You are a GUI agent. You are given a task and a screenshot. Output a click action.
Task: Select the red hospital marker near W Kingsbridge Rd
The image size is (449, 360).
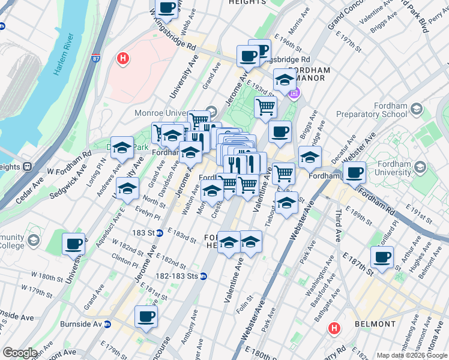pos(123,59)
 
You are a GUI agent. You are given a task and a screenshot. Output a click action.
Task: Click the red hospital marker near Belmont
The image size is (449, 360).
pos(334,328)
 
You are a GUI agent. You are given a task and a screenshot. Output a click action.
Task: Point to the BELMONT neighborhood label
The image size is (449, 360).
pos(375,324)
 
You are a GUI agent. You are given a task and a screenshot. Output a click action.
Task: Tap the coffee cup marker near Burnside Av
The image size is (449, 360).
pos(146,316)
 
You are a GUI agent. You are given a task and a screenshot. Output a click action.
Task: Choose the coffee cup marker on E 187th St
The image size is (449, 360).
pos(382,257)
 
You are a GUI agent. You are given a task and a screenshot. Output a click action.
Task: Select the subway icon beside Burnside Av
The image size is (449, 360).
pos(107,324)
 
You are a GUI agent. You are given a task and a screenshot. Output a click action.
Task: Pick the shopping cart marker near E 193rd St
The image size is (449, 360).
pos(265,107)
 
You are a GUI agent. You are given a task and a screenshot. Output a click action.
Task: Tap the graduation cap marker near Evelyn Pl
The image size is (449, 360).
pos(127,189)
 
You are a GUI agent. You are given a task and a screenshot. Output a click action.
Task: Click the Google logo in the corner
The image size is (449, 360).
pos(19,353)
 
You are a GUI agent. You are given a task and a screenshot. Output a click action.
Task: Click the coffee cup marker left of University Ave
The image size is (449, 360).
pos(74,244)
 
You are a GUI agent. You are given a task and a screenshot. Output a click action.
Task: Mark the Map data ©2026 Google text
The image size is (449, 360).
pos(412,355)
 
